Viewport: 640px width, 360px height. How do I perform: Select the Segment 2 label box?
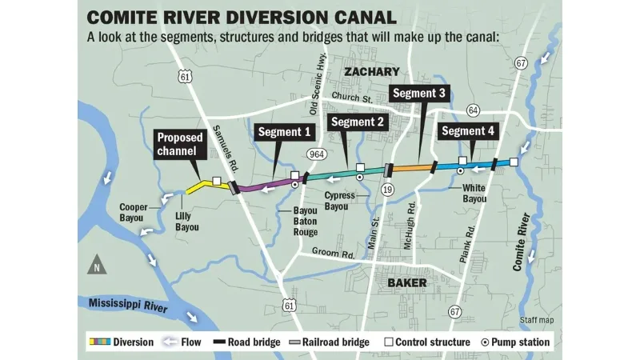point(358,122)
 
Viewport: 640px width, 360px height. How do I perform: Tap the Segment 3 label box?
point(419,94)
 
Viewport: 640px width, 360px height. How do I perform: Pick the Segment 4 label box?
point(469,131)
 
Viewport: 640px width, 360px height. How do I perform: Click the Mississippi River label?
point(129,304)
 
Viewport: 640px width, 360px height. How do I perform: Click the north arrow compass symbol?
point(96,264)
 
